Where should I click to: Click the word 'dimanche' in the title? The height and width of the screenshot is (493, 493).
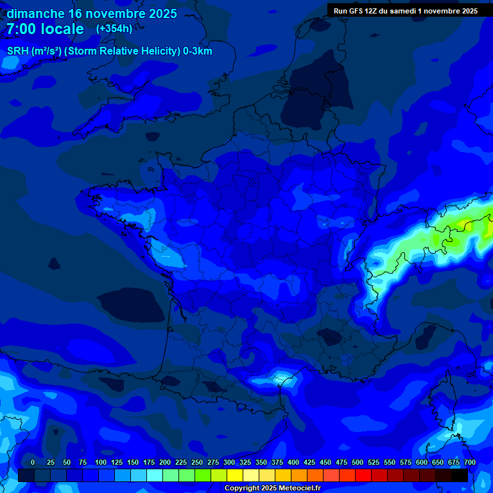pyautogui.click(x=35, y=13)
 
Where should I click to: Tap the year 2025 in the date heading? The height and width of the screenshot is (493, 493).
pyautogui.click(x=160, y=13)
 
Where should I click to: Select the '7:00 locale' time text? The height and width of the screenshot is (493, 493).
pyautogui.click(x=45, y=29)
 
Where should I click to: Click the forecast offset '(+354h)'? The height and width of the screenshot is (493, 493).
pyautogui.click(x=114, y=29)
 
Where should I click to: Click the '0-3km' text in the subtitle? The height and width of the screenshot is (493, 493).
pyautogui.click(x=197, y=51)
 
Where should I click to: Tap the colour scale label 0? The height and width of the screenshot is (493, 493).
pyautogui.click(x=33, y=462)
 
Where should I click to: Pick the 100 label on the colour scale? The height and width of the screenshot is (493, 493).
pyautogui.click(x=101, y=462)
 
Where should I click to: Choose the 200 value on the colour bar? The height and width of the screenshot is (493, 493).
pyautogui.click(x=165, y=462)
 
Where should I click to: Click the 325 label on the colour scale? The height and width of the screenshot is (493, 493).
pyautogui.click(x=245, y=462)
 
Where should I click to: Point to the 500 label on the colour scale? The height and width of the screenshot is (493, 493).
pyautogui.click(x=358, y=462)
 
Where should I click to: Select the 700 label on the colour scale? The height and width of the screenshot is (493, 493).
pyautogui.click(x=470, y=462)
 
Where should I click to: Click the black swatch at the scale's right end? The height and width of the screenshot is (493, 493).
pyautogui.click(x=460, y=476)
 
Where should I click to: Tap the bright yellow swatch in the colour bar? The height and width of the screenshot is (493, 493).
pyautogui.click(x=235, y=476)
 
